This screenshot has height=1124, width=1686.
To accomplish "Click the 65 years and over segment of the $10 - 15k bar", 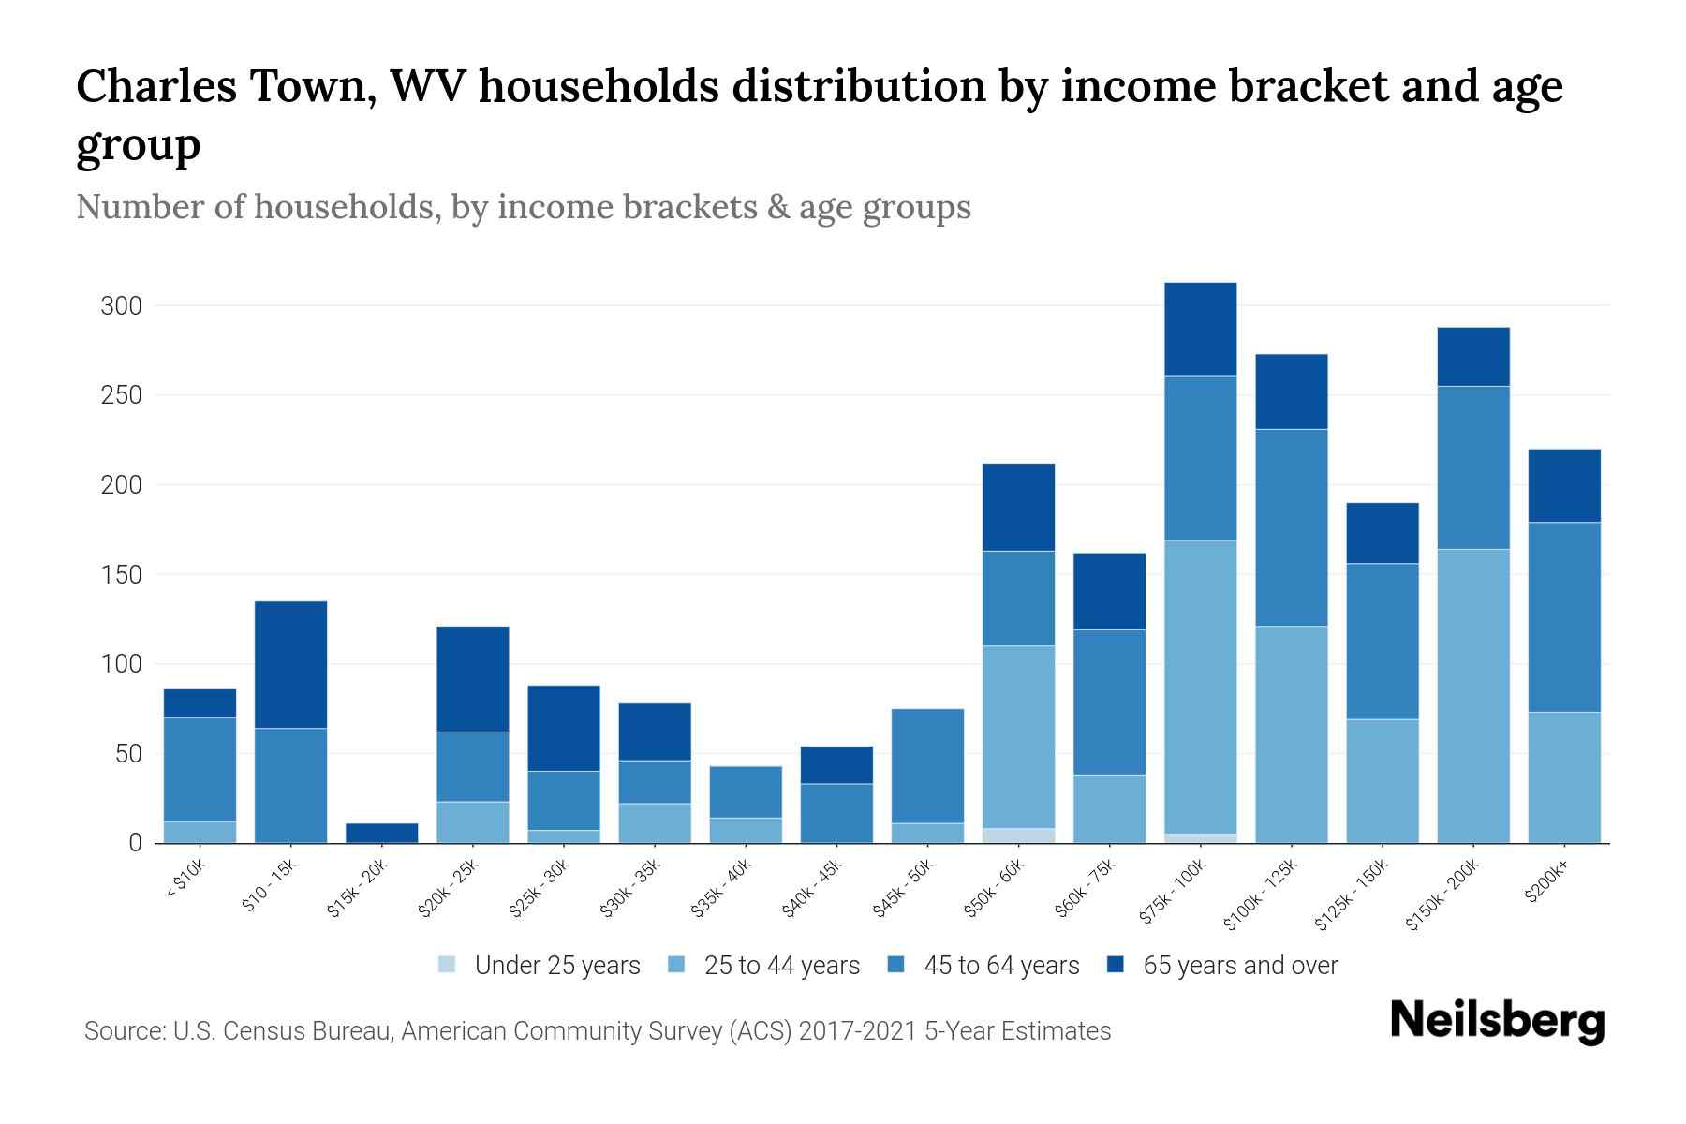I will [290, 664].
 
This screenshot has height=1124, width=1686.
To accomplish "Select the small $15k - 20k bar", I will [381, 832].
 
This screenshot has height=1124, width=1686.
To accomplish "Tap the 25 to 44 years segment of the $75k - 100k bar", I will [1200, 687].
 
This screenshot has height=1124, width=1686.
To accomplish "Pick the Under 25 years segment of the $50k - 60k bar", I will [1018, 835].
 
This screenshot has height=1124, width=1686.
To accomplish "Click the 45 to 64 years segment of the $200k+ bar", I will [1563, 616].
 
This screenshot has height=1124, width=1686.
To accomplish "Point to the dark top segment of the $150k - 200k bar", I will [1472, 356].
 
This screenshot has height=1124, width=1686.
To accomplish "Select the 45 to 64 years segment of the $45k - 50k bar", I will [927, 765].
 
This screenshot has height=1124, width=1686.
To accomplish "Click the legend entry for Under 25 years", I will [540, 965].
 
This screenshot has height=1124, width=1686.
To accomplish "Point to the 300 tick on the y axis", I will [121, 306].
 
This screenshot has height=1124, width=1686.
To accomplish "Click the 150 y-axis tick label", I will [121, 574].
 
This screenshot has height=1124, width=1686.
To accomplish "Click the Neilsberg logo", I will [1497, 1021].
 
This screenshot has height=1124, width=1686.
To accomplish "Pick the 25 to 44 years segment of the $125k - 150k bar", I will [1382, 780].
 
